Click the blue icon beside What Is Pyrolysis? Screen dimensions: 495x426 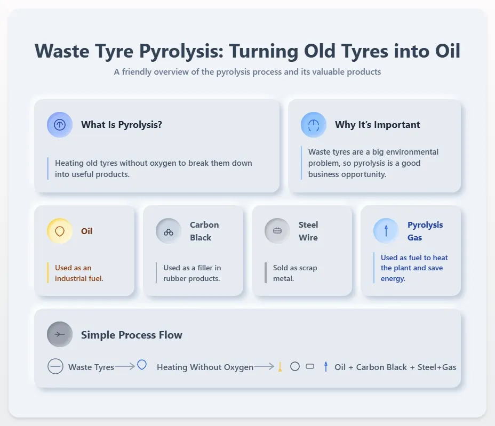click(60, 125)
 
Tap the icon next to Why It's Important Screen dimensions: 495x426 click(314, 125)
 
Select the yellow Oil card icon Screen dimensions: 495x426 click(60, 231)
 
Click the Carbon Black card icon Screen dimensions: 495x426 click(169, 231)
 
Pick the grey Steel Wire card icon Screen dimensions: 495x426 click(277, 231)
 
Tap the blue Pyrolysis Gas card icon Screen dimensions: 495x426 click(386, 231)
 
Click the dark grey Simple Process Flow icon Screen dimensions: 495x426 click(60, 334)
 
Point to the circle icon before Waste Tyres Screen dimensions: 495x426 click(55, 367)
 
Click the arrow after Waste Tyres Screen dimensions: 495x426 click(125, 366)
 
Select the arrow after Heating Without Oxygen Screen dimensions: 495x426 click(264, 366)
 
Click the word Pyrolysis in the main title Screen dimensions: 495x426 click(181, 51)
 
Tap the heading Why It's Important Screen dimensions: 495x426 click(378, 125)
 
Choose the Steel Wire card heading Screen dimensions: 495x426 click(308, 231)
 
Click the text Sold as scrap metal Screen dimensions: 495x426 click(295, 273)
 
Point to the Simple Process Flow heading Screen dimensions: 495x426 click(132, 335)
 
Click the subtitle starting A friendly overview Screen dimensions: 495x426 click(248, 72)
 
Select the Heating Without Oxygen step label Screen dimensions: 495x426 click(205, 367)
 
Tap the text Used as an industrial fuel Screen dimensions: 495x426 click(79, 273)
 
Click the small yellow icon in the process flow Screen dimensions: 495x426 click(280, 367)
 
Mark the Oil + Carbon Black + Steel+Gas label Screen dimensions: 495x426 click(395, 367)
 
